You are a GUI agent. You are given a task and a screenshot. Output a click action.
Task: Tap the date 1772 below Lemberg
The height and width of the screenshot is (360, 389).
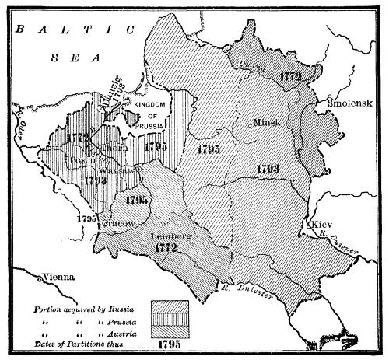click(x=167, y=248)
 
